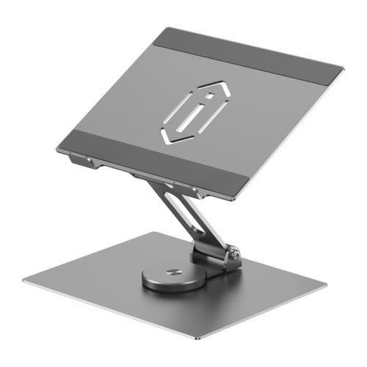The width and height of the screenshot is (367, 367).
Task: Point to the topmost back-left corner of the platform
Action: (x=163, y=29)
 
